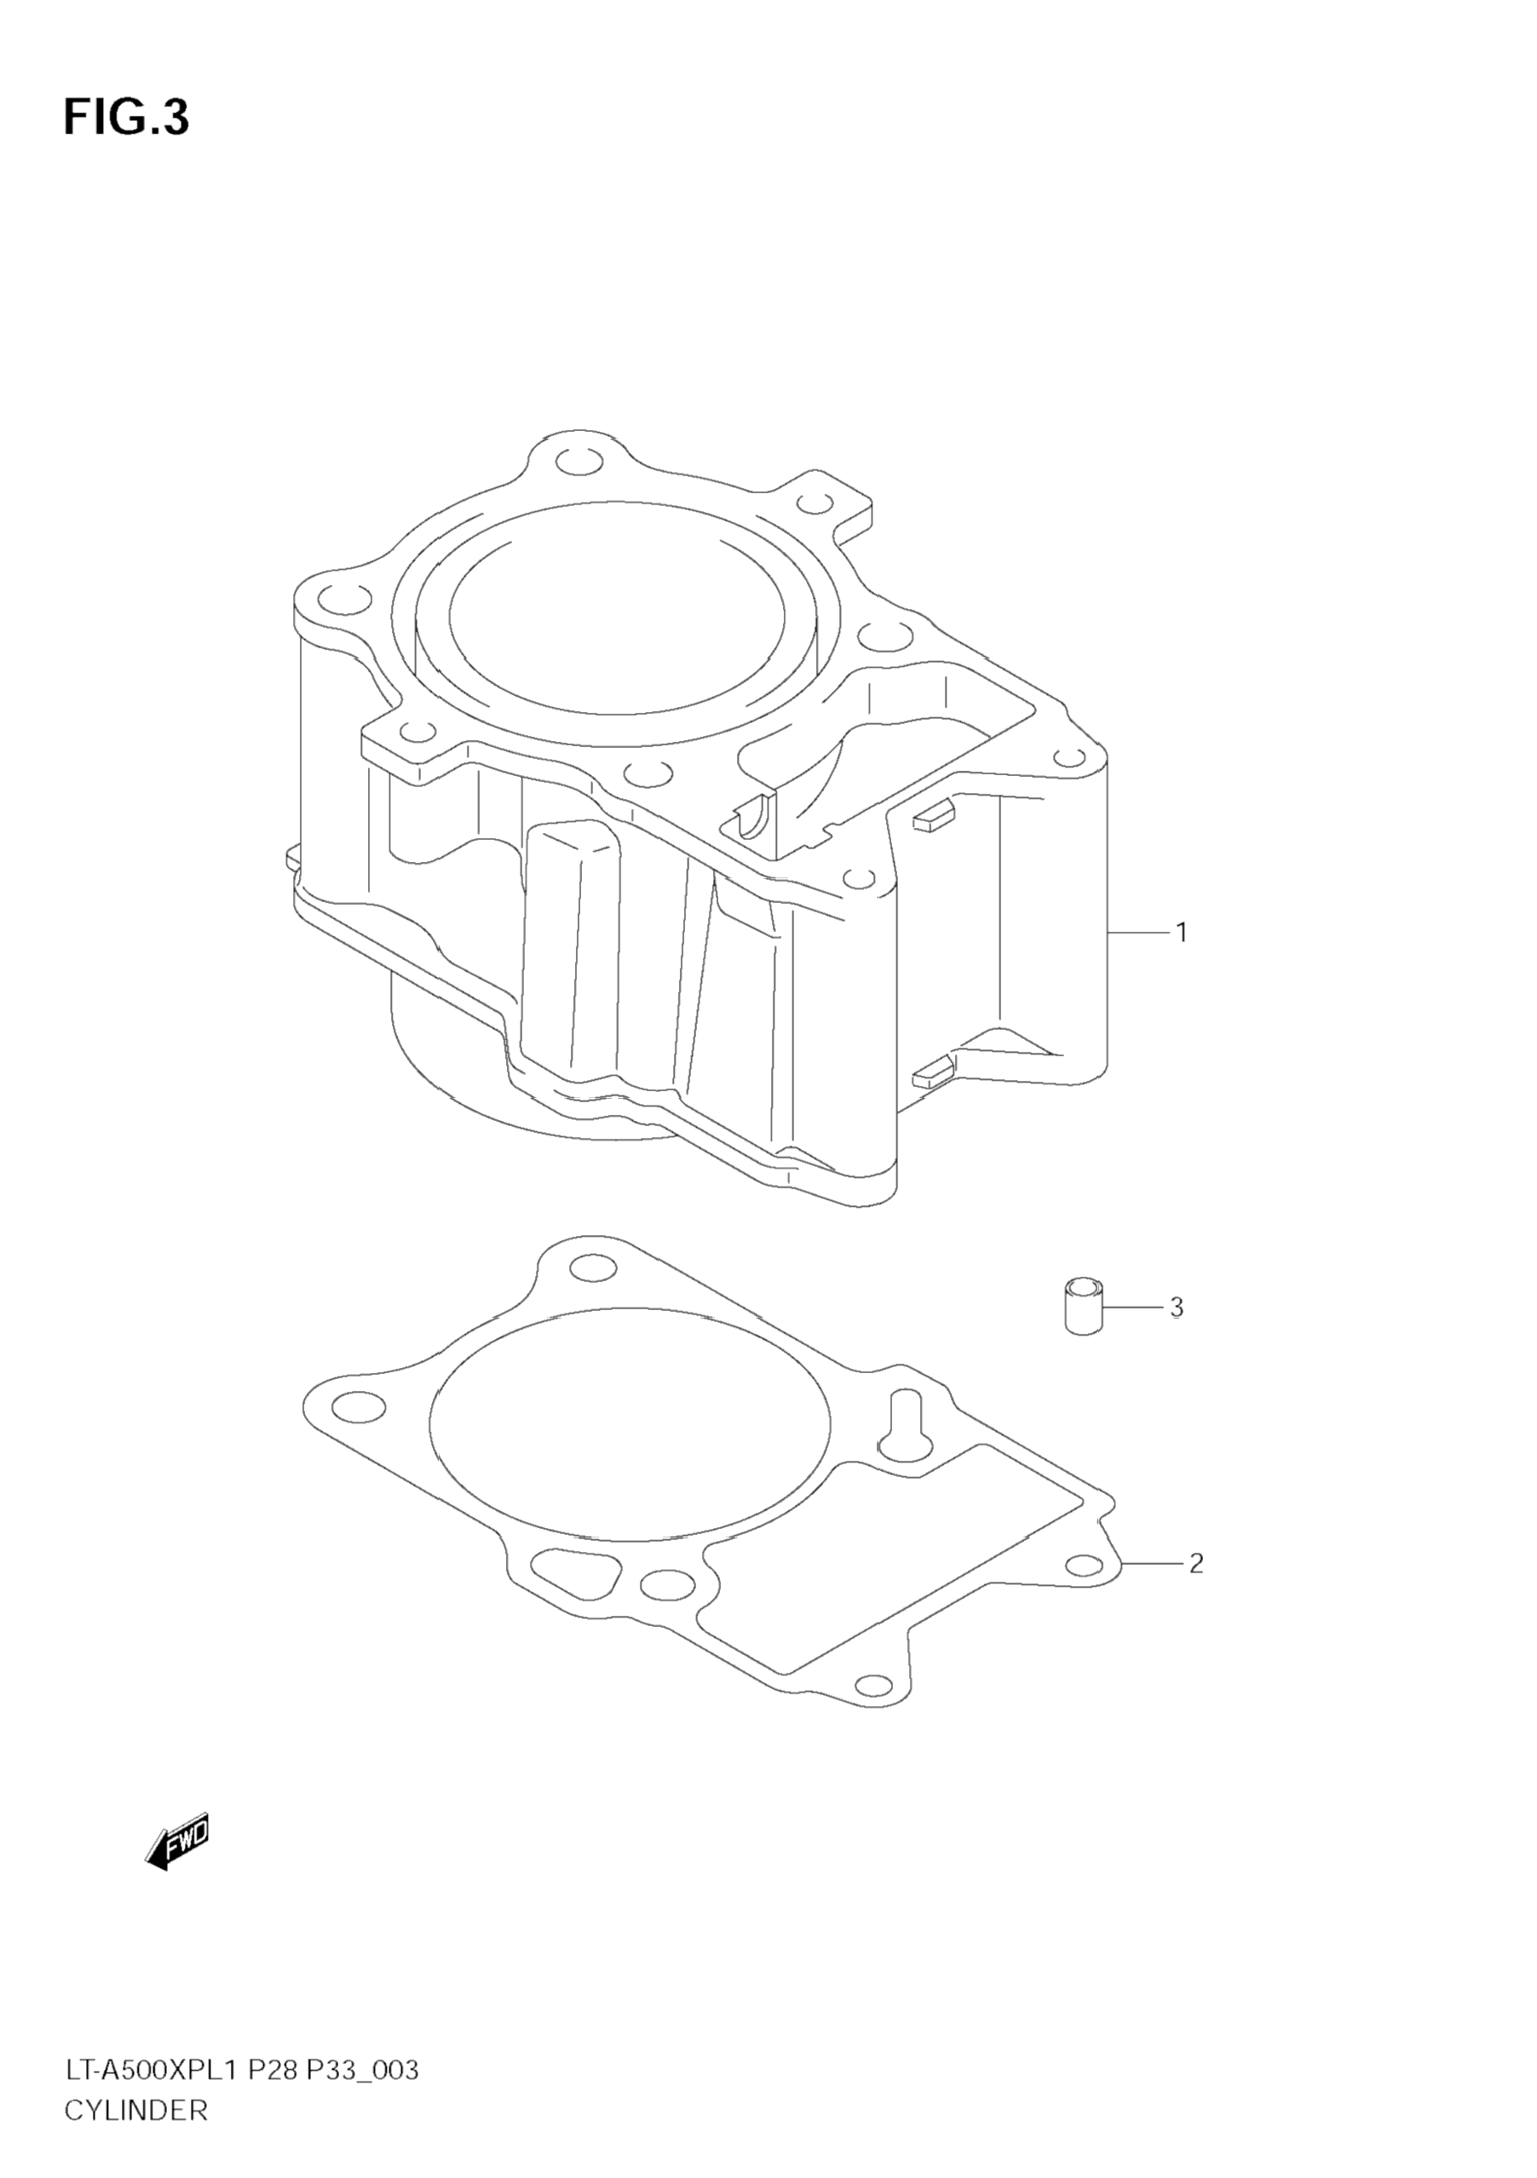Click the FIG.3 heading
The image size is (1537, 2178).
pyautogui.click(x=126, y=118)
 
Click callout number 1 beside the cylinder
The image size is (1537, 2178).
pyautogui.click(x=1181, y=933)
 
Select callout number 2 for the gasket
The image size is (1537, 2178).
pyautogui.click(x=1195, y=1562)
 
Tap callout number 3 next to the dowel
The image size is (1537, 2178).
pyautogui.click(x=1177, y=1307)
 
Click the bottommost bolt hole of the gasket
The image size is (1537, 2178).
pyautogui.click(x=874, y=1686)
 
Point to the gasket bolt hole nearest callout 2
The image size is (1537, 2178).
pyautogui.click(x=1084, y=1566)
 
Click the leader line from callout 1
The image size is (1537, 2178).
pyautogui.click(x=1137, y=933)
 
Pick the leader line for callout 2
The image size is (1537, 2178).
pyautogui.click(x=1153, y=1562)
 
